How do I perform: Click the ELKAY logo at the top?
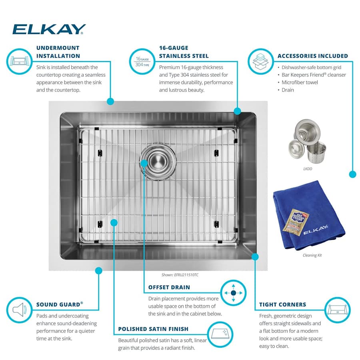click(x=49, y=29)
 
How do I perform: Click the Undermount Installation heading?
click(x=58, y=52)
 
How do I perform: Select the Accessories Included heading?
click(x=312, y=56)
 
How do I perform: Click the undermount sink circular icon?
click(x=18, y=61)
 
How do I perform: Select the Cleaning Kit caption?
click(x=312, y=255)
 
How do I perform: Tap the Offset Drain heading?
click(x=169, y=287)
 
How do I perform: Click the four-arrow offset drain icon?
click(x=233, y=293)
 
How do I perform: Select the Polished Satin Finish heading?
click(x=153, y=329)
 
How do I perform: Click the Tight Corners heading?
click(x=282, y=304)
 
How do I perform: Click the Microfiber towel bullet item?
click(x=300, y=82)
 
